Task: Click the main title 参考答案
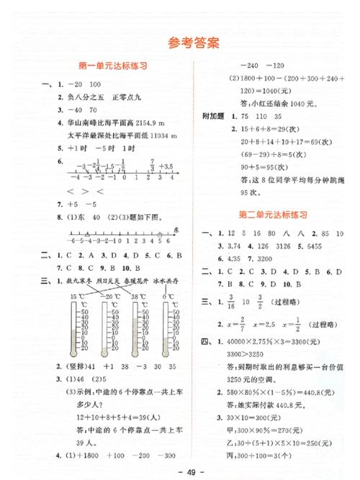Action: [179, 43]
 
